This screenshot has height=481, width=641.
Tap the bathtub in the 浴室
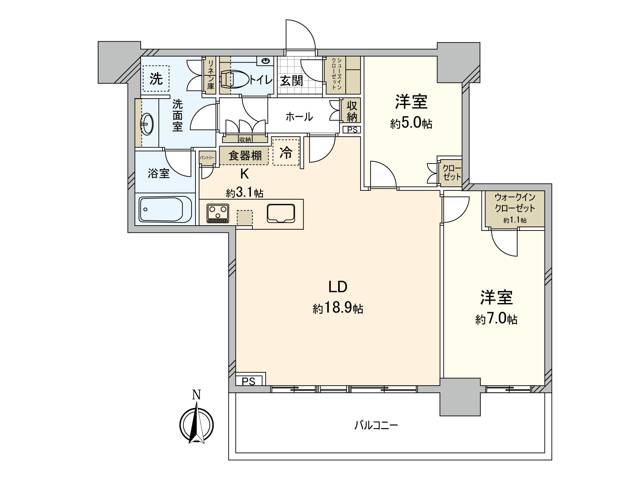[x=165, y=209]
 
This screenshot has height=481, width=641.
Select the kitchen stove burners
[x=218, y=213]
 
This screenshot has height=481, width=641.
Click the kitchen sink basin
[x=280, y=212]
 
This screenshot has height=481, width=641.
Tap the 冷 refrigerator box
[x=286, y=152]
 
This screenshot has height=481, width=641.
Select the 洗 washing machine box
[x=156, y=79]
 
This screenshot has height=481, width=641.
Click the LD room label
[x=337, y=287]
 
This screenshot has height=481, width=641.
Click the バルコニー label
[x=376, y=425]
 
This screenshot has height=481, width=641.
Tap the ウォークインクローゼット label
[x=514, y=203]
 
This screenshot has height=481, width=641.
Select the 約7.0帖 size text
[x=496, y=319]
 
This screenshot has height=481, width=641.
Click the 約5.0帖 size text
[x=411, y=123]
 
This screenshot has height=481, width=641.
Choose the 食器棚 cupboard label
[x=245, y=156]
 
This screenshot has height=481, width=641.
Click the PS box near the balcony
[x=248, y=381]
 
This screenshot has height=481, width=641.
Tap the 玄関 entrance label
[x=291, y=81]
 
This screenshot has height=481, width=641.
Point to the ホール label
[x=299, y=117]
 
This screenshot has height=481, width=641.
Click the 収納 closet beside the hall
[x=352, y=111]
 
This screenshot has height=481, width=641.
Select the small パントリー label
[x=208, y=158]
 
